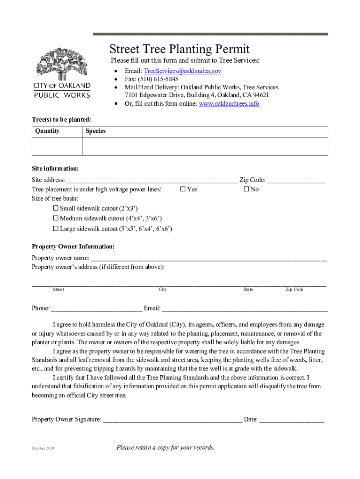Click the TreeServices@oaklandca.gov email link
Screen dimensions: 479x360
click(182, 71)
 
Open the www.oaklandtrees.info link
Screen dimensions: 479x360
click(229, 104)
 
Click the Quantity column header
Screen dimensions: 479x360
click(48, 131)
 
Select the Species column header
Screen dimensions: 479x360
click(96, 131)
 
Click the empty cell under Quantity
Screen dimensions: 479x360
click(57, 146)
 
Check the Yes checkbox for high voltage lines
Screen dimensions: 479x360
click(183, 189)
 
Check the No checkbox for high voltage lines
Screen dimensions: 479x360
click(246, 189)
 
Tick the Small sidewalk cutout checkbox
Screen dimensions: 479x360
click(56, 208)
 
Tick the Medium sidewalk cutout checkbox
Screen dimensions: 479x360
click(56, 218)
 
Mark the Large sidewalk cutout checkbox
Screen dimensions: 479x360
click(56, 229)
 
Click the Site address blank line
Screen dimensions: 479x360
click(151, 181)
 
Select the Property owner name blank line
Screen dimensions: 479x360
click(209, 258)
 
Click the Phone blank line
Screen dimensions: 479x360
click(96, 309)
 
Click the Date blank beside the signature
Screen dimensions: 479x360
click(291, 420)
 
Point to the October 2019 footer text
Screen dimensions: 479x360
click(43, 449)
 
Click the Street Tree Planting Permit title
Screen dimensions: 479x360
click(180, 49)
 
